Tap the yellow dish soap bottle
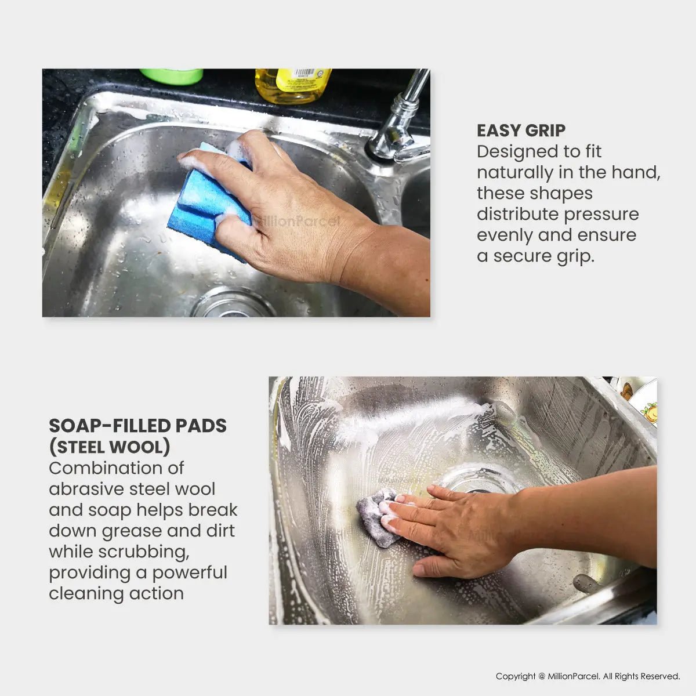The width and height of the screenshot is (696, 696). [292, 85]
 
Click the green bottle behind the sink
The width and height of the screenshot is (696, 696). [172, 76]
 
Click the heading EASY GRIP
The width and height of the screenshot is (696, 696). [521, 130]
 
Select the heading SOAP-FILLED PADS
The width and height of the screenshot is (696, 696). [137, 426]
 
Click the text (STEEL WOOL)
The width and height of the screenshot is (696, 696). [110, 447]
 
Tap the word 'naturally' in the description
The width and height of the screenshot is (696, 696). [514, 172]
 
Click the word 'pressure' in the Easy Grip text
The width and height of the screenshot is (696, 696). [601, 215]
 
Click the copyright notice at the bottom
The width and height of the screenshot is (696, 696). [588, 676]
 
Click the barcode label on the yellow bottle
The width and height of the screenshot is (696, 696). [304, 72]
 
